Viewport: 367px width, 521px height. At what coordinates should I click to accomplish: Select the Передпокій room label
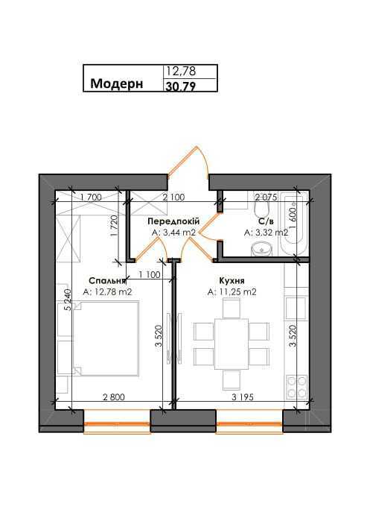[173, 222]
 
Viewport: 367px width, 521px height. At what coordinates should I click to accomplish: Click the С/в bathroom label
[265, 222]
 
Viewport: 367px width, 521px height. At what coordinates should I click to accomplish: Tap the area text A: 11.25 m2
[232, 292]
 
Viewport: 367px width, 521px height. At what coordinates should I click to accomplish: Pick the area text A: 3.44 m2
[173, 233]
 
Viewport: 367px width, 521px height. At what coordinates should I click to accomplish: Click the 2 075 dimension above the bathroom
[267, 197]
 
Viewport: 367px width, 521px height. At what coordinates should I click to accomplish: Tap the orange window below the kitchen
[249, 428]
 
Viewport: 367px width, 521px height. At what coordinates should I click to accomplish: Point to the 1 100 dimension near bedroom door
[150, 274]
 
